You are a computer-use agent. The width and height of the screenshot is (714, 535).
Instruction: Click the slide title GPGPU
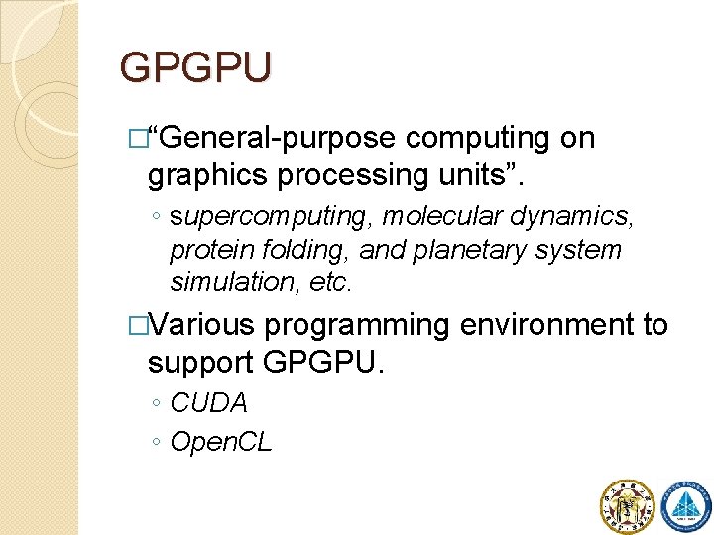pos(194,68)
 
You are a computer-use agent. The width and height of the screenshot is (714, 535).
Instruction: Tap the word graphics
pos(208,175)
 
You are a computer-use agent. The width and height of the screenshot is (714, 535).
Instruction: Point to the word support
pos(201,363)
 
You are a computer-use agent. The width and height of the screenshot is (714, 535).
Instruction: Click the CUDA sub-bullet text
pos(209,403)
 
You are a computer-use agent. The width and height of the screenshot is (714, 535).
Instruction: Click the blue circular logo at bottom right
pos(685,505)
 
